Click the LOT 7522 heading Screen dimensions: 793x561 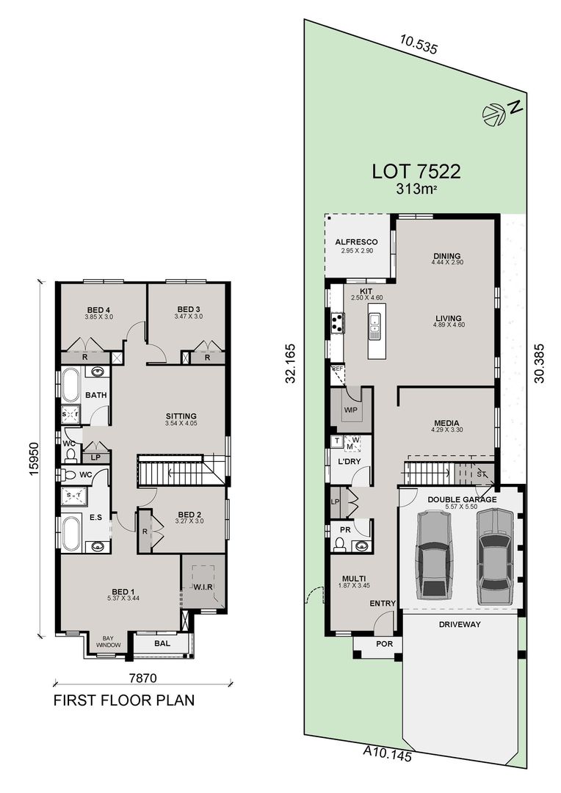[x=416, y=172]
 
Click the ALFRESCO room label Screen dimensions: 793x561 [x=356, y=242]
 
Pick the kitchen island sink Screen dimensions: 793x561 [x=375, y=323]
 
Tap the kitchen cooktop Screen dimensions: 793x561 [x=338, y=323]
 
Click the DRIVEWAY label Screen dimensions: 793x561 [x=460, y=624]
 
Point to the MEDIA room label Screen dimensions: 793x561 [x=446, y=423]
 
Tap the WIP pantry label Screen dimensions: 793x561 [x=350, y=410]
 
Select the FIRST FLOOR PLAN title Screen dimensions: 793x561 [x=124, y=700]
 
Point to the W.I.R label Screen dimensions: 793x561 [x=203, y=586]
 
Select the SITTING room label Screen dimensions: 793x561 [x=181, y=416]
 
